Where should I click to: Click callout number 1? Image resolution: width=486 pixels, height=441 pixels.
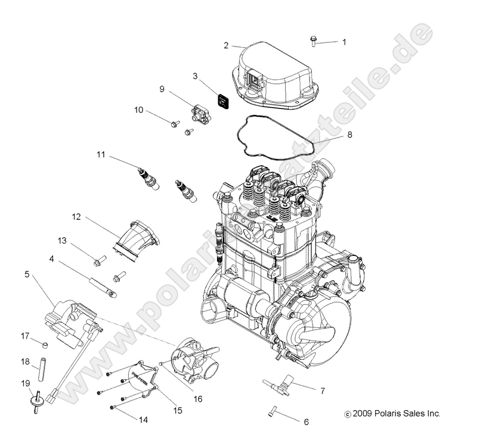pos(343,42)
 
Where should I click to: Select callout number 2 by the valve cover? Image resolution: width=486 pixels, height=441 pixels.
pos(226,45)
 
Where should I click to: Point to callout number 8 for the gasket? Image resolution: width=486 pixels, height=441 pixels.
pos(349,135)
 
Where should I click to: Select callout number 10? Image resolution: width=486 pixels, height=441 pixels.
pos(138,110)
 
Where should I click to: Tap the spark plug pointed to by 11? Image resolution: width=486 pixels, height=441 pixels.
pos(147,178)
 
